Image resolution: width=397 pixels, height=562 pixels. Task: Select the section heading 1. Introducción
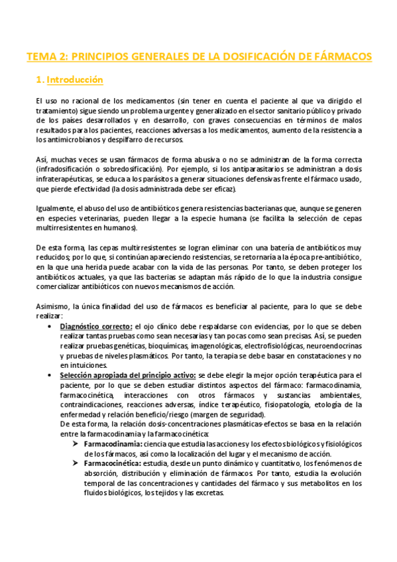71,80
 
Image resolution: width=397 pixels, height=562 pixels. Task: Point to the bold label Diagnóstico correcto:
95,327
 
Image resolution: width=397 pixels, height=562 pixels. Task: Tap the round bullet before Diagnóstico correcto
52,327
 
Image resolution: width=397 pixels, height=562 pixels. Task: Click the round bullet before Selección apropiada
52,376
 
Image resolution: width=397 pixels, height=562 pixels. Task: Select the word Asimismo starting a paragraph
52,307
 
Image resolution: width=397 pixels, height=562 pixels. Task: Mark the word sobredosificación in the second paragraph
136,170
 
